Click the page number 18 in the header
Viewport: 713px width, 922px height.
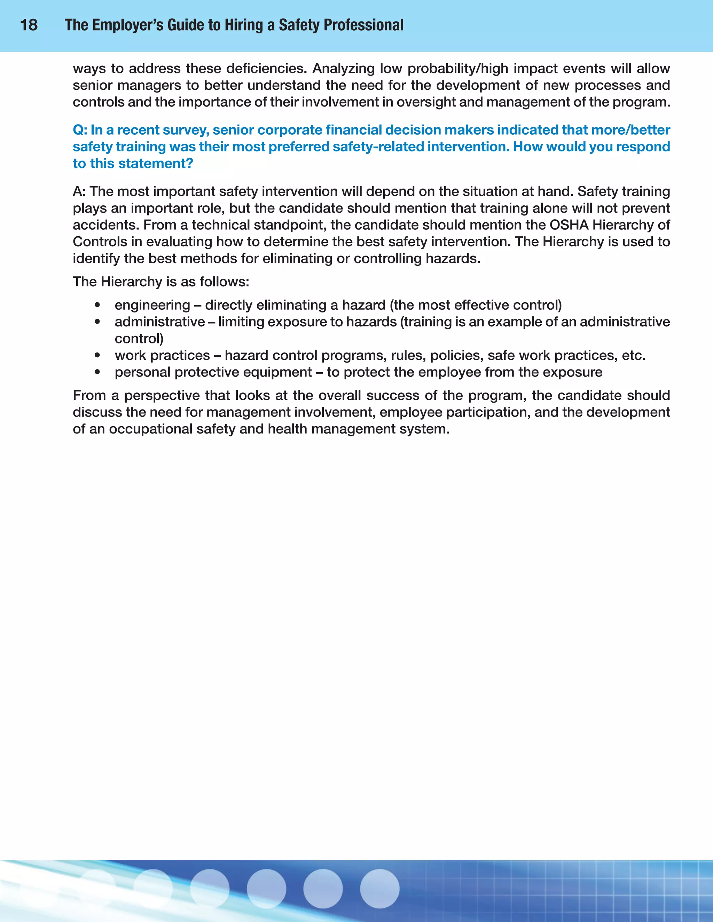[x=29, y=25]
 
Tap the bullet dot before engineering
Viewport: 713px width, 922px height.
[x=97, y=305]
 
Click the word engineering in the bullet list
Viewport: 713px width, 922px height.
[x=152, y=305]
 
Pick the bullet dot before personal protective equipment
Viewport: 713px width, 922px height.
[x=97, y=372]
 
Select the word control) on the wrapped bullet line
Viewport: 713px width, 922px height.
[x=139, y=339]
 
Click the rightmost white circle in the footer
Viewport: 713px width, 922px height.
[x=379, y=888]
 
